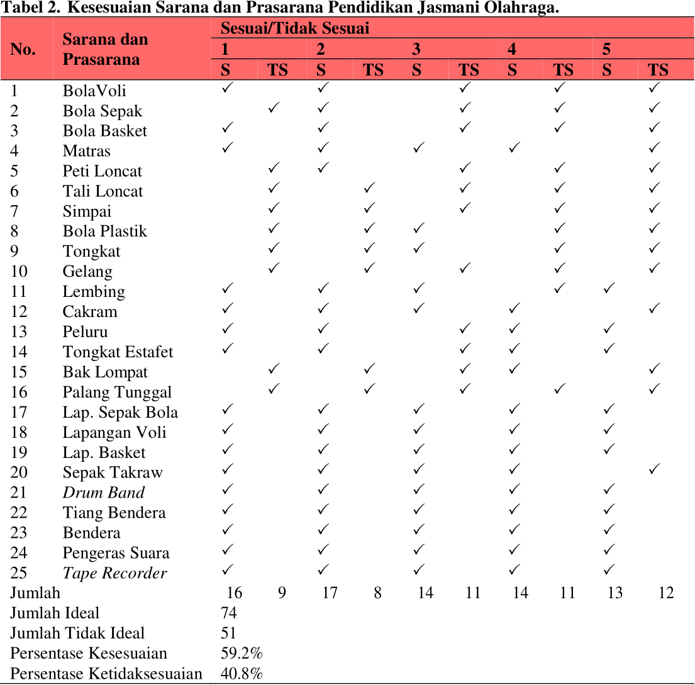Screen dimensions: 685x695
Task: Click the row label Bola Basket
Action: click(104, 131)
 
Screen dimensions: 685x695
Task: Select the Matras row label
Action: click(86, 151)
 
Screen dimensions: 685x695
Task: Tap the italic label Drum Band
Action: click(103, 493)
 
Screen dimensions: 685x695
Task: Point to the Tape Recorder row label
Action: click(114, 573)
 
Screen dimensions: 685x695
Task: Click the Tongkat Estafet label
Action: click(118, 352)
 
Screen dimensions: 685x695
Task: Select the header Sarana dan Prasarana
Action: click(105, 49)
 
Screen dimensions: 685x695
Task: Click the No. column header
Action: click(23, 49)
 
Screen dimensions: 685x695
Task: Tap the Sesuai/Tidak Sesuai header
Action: click(294, 28)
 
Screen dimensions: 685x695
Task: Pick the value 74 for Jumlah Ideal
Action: click(228, 613)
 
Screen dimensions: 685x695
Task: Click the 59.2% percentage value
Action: click(241, 653)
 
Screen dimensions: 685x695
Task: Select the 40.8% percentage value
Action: click(241, 674)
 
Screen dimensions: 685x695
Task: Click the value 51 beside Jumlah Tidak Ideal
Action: click(228, 633)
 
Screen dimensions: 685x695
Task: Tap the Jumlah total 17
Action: click(330, 593)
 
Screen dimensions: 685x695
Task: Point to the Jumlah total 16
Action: click(234, 593)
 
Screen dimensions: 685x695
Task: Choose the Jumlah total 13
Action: click(614, 593)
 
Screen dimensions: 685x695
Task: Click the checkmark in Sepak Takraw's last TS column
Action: click(655, 469)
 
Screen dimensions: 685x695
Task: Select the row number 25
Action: click(19, 573)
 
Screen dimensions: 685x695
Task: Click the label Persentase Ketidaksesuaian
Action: click(106, 674)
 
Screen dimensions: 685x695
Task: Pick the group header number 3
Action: click(416, 49)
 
